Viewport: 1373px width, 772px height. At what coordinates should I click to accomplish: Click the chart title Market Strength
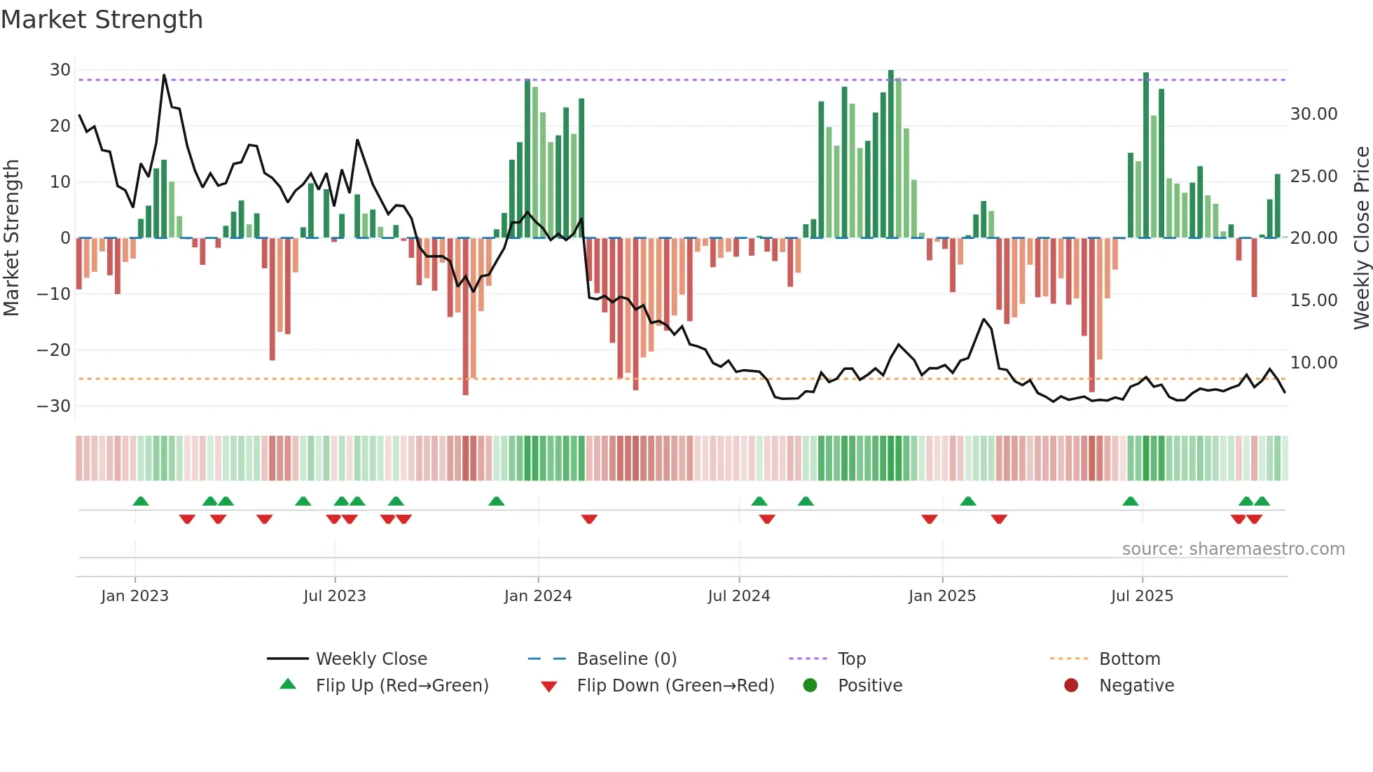coord(102,20)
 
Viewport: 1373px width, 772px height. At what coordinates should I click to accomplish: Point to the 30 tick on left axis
coord(60,70)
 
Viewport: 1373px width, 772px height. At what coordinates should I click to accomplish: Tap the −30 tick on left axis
coord(54,406)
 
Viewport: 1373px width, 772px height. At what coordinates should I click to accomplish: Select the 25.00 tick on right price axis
coord(1313,177)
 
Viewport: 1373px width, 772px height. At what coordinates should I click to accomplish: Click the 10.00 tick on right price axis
coord(1313,363)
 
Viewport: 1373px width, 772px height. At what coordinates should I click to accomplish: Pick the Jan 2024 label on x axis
coord(537,596)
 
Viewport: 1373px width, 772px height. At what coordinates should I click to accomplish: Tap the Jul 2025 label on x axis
coord(1141,596)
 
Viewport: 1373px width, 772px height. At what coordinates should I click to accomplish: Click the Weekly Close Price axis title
coord(1361,238)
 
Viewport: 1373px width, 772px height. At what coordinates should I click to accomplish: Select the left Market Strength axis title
coord(11,238)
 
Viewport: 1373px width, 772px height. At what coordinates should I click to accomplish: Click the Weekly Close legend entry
coord(371,659)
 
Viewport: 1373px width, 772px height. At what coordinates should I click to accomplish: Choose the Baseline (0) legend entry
coord(626,659)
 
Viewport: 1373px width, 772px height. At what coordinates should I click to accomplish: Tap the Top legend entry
coord(851,659)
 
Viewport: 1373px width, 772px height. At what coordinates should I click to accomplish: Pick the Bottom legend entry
coord(1129,659)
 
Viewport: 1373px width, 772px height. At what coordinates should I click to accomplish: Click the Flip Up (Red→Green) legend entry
coord(401,686)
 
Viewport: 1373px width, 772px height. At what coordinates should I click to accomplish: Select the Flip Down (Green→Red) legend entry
coord(675,686)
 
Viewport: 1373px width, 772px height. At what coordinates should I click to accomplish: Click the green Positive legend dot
coord(810,686)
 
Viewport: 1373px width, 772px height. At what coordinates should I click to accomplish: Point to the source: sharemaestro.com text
coord(1233,549)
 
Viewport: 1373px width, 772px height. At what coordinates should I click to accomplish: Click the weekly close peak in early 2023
coord(164,75)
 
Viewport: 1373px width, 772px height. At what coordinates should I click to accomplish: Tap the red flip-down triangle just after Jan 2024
coord(589,519)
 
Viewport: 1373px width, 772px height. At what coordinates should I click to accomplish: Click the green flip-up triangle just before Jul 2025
coord(1130,501)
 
